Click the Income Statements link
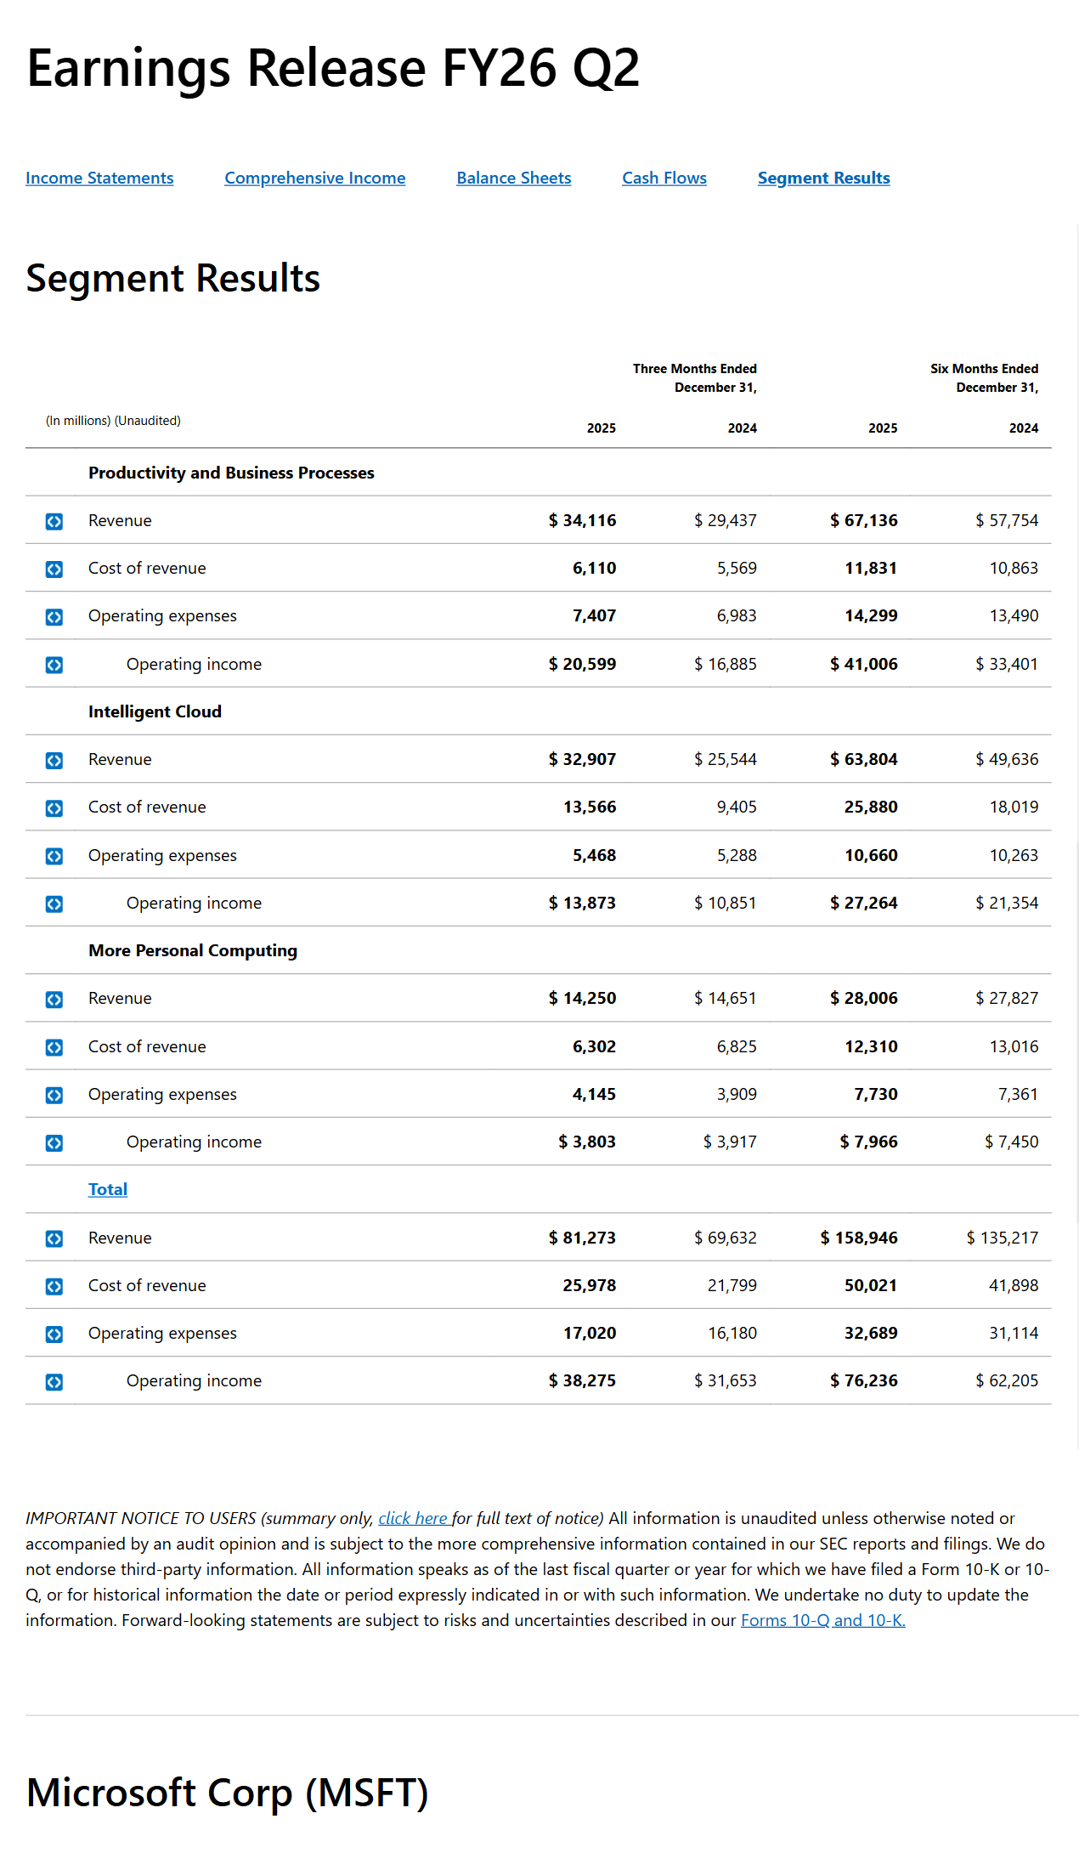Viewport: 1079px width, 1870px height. coord(99,178)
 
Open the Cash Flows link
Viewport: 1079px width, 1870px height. coord(664,178)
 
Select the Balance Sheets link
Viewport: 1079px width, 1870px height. coord(513,178)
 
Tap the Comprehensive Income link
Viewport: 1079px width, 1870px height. coord(314,178)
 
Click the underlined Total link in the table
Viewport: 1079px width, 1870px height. coord(108,1189)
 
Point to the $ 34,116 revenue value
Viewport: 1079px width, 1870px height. coord(583,520)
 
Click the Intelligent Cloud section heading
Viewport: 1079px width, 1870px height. coord(155,711)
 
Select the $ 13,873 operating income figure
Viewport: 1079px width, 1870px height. coord(583,903)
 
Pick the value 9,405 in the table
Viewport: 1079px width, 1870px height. coord(736,807)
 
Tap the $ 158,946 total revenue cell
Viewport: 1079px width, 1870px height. coord(859,1238)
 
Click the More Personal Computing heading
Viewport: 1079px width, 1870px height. coord(193,950)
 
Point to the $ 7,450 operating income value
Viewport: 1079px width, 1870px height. coord(1011,1142)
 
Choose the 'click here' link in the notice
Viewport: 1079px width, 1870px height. coord(413,1518)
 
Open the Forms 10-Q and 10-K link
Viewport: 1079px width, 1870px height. coord(822,1620)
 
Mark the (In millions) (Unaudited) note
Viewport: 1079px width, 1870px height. coord(113,421)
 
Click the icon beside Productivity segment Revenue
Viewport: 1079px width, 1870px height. coord(54,521)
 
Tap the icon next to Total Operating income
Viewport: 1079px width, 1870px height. coord(54,1381)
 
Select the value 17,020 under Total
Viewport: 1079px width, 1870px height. coord(589,1333)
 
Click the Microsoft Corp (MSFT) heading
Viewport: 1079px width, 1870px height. coord(228,1793)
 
